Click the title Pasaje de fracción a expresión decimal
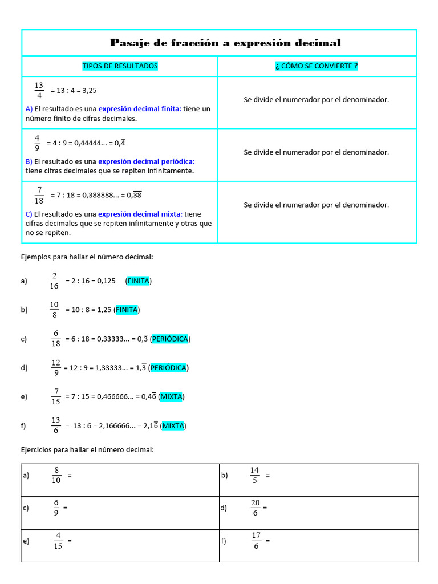tap(225, 43)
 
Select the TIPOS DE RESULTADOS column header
tap(120, 66)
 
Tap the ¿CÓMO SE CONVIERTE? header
tap(317, 66)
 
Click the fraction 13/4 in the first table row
tap(39, 91)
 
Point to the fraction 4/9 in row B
tap(37, 143)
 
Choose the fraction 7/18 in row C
tap(39, 195)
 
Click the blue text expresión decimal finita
tap(140, 109)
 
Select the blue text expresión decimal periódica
tap(147, 161)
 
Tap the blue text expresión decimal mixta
tap(140, 214)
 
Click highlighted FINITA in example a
tap(139, 281)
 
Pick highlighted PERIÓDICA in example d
tap(169, 368)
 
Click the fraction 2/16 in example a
tap(54, 281)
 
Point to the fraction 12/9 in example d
tap(56, 368)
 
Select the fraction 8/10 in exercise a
tap(56, 476)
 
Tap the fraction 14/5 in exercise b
tap(254, 476)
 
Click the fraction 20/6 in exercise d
tap(255, 508)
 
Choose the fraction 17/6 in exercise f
tap(256, 541)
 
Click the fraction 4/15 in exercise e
tap(58, 541)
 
